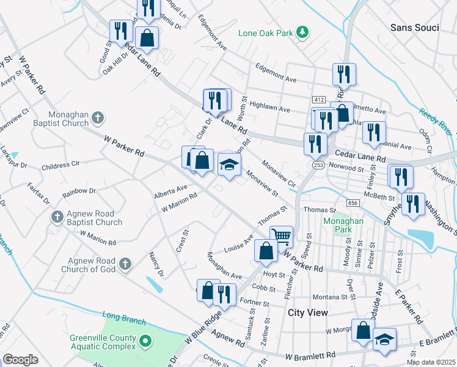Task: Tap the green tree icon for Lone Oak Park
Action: point(301,31)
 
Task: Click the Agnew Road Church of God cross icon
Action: point(125,264)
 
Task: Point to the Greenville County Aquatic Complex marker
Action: point(145,340)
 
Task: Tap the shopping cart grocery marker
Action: point(281,236)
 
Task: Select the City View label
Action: point(308,312)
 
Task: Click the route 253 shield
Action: point(318,165)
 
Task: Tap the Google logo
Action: point(21,359)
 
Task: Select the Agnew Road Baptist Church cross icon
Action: point(57,217)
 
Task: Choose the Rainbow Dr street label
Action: point(79,192)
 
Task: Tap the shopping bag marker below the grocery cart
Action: point(266,251)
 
